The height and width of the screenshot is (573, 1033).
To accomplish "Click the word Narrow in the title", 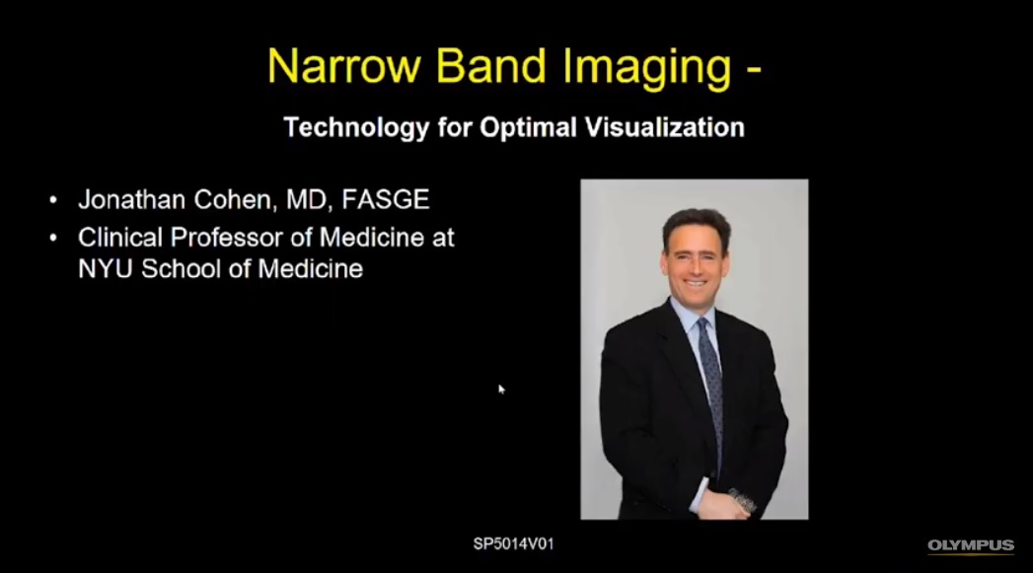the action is click(344, 66).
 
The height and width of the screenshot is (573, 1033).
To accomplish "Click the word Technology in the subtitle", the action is click(356, 128).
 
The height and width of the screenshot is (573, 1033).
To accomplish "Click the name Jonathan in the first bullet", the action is click(131, 199).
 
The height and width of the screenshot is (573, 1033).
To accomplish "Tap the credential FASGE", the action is click(386, 199).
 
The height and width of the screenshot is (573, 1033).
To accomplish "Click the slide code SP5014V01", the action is click(514, 544).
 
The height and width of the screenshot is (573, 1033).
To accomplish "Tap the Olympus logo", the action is click(971, 546).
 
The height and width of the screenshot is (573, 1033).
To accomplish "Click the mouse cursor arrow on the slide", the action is click(501, 390).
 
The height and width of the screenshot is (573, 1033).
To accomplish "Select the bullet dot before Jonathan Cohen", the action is click(53, 199).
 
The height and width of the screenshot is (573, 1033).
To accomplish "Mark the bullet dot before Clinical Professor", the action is click(53, 238).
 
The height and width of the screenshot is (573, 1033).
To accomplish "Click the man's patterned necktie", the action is click(711, 389).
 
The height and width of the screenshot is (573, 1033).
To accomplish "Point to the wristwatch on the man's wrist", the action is click(743, 501).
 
